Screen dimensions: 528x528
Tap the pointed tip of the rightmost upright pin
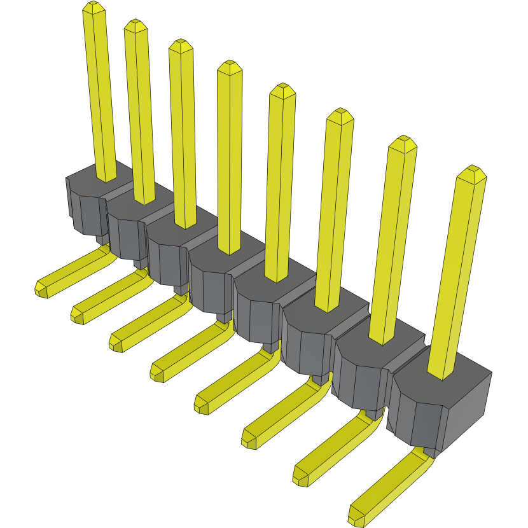point(472,171)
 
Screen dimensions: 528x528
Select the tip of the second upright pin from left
point(135,25)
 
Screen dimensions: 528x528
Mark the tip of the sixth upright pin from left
point(340,115)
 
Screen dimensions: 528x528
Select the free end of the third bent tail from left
point(116,343)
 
